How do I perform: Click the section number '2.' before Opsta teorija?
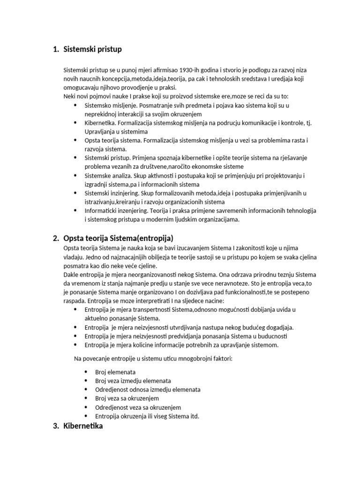[x=56, y=238]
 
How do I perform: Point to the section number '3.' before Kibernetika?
[x=56, y=427]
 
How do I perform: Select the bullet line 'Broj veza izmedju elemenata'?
[x=133, y=381]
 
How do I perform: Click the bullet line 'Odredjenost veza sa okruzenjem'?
[x=138, y=407]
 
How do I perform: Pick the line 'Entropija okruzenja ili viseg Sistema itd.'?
[x=147, y=416]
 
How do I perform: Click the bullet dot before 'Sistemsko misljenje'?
[x=76, y=105]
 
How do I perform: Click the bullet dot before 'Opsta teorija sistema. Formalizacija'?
[x=76, y=140]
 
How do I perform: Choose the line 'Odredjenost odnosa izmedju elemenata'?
[x=148, y=390]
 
